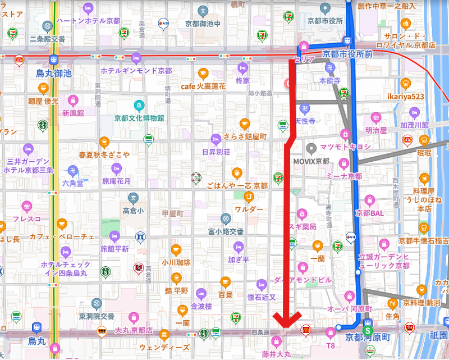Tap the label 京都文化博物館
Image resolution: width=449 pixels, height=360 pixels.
pyautogui.click(x=139, y=118)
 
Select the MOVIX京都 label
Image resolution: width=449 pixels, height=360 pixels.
pyautogui.click(x=311, y=161)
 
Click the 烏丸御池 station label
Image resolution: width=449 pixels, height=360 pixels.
pyautogui.click(x=54, y=73)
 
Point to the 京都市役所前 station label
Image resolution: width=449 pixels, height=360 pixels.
pyautogui.click(x=347, y=54)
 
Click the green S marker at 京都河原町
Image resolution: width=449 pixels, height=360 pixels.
pyautogui.click(x=368, y=326)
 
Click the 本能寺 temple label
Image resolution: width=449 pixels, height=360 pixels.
pyautogui.click(x=329, y=81)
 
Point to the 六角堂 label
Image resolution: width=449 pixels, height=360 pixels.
pyautogui.click(x=72, y=183)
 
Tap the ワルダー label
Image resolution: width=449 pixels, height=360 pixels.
pyautogui.click(x=249, y=209)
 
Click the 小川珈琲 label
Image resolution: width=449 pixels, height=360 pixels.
pyautogui.click(x=176, y=262)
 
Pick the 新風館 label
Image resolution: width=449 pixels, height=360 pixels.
pyautogui.click(x=72, y=112)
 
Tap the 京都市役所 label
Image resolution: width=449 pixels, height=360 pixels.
pyautogui.click(x=325, y=20)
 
